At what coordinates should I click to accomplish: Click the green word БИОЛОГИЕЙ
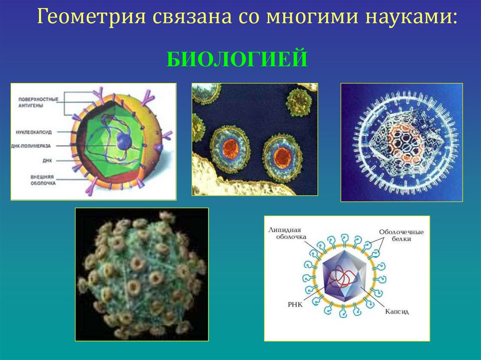pos(237,60)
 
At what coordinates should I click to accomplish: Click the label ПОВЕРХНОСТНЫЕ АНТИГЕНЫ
pos(38,102)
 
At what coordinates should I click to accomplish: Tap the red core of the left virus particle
pos(231,148)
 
